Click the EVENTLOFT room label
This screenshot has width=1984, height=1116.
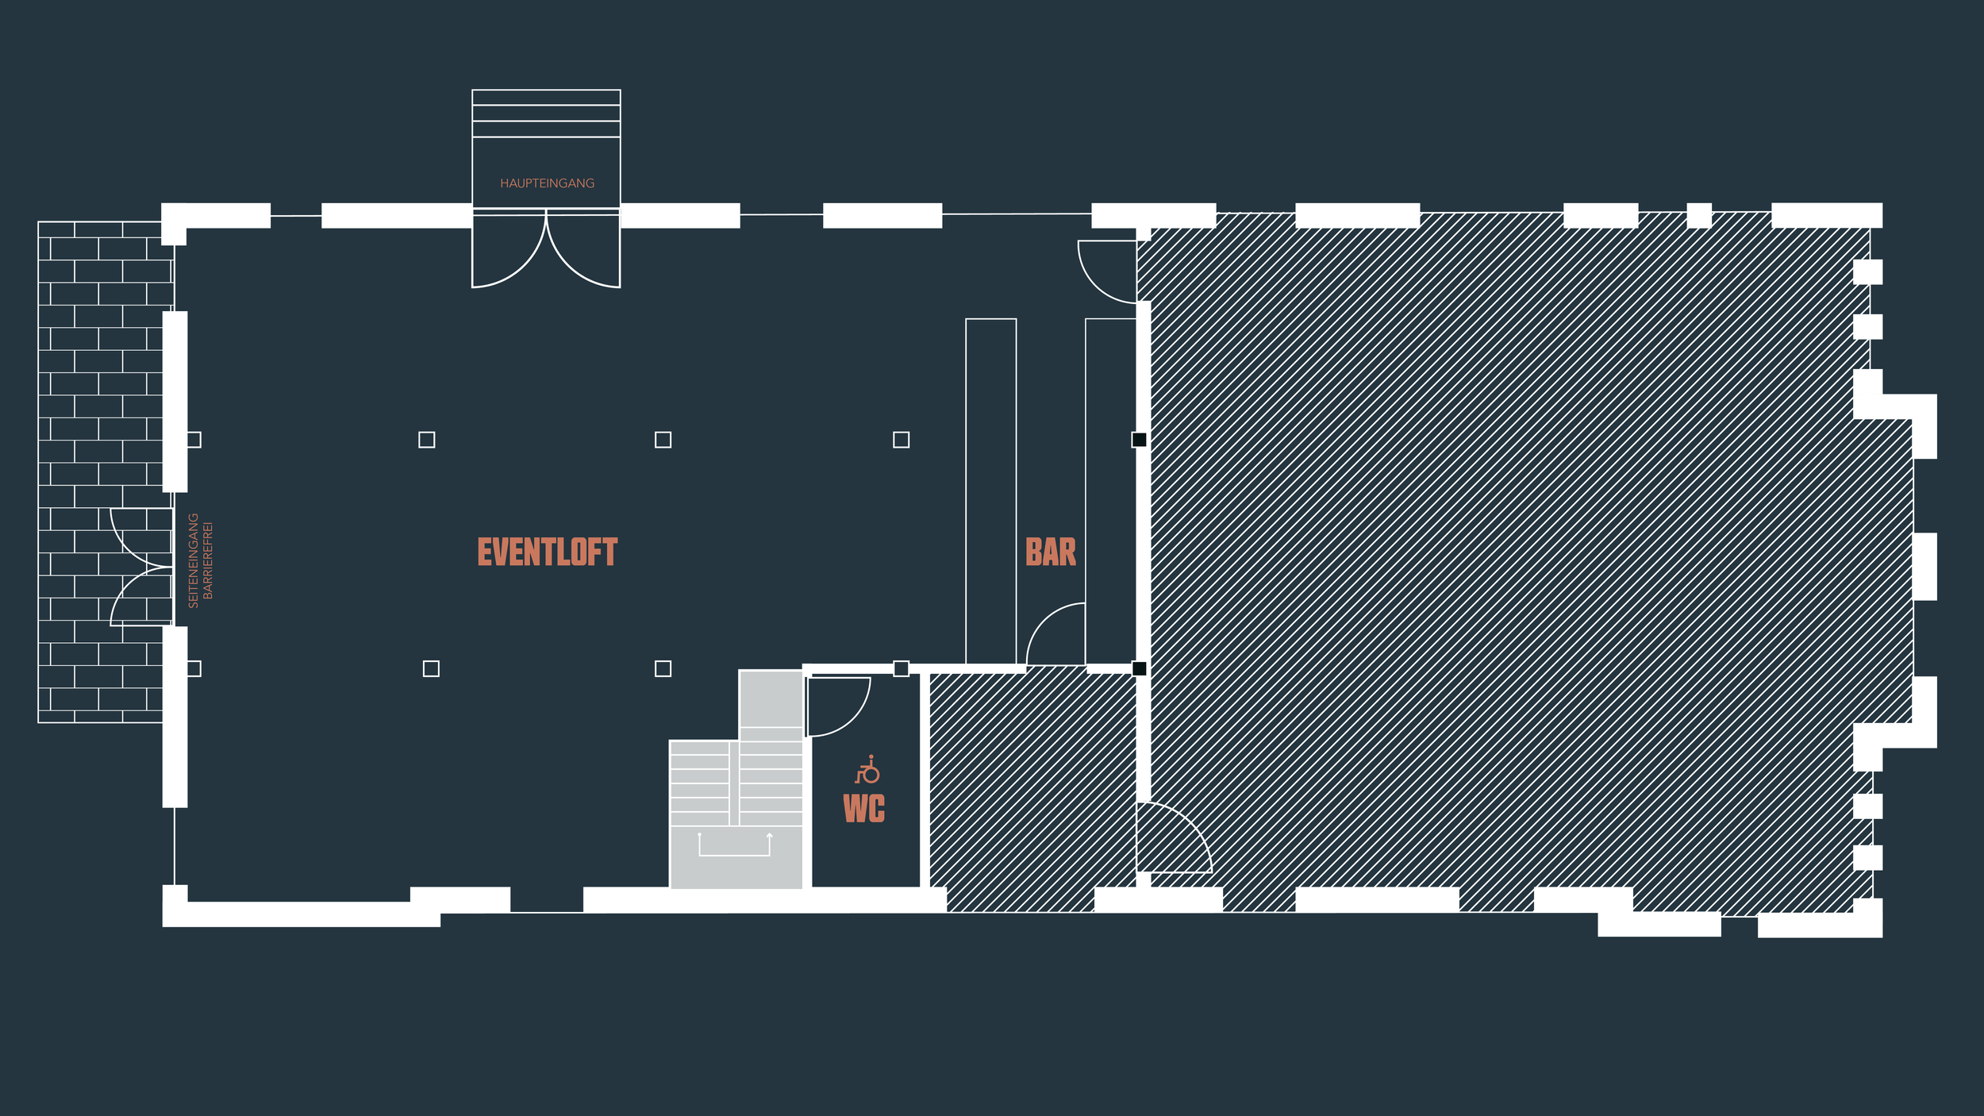tap(547, 552)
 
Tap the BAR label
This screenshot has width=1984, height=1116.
tap(1050, 552)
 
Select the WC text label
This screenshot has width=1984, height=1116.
tap(863, 808)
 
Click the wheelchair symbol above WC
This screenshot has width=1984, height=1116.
tap(867, 769)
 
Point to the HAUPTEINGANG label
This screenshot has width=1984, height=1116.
tap(547, 183)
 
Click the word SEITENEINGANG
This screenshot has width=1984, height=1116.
tap(193, 560)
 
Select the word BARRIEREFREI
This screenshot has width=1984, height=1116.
tap(208, 560)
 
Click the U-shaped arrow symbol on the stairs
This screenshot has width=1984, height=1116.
tap(734, 845)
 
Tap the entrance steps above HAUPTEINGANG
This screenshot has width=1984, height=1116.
tap(546, 114)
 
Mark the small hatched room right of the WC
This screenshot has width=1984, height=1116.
tap(1032, 786)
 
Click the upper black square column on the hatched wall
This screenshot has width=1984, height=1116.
tap(1139, 440)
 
